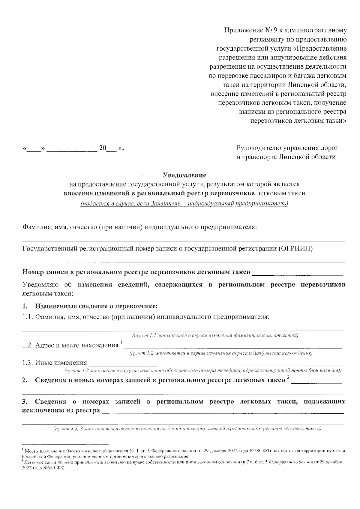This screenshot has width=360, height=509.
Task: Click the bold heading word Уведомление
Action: pos(184,175)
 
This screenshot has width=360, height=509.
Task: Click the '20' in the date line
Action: pos(103,148)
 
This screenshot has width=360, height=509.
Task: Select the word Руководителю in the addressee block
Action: pos(258,148)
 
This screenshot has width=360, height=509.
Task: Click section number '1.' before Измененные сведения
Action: pos(25,307)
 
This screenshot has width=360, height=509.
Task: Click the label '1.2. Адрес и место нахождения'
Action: pos(70,345)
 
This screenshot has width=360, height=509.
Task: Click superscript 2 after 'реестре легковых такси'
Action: pos(288,377)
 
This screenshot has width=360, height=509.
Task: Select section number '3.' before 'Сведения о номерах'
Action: pos(25,402)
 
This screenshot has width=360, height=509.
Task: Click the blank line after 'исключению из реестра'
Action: pos(222,411)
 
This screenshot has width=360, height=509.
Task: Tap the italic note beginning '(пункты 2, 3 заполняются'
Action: pos(187,429)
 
